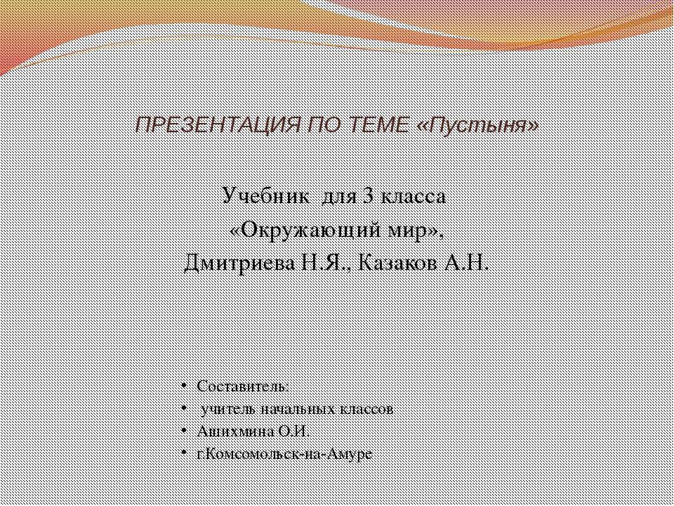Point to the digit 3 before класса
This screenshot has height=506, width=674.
368,196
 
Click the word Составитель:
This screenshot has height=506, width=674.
242,387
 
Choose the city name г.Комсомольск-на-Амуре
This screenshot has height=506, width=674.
285,453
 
